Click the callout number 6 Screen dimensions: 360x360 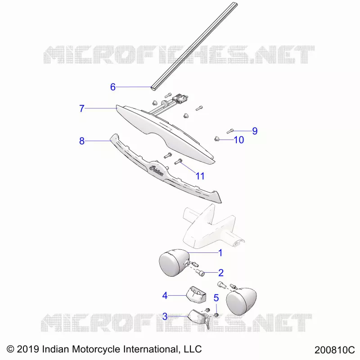tap(113, 87)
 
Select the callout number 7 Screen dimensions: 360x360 tap(82, 108)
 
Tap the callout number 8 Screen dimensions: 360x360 tap(82, 141)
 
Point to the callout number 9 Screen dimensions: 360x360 tap(255, 131)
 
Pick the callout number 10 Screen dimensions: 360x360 tap(239, 140)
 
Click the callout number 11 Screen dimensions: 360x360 tap(200, 176)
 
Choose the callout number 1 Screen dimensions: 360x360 tap(220, 253)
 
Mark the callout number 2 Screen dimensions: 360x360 tap(221, 273)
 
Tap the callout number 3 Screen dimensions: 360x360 tap(165, 317)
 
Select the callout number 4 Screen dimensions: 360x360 tap(165, 296)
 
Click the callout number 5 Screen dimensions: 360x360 tap(216, 298)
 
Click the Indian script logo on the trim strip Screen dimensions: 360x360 tap(156, 171)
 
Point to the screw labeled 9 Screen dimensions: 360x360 tap(230, 131)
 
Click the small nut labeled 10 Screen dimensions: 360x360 tap(216, 139)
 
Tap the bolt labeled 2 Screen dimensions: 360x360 tap(200, 273)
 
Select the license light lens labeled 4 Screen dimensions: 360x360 tap(196, 294)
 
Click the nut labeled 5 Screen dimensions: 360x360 tap(216, 315)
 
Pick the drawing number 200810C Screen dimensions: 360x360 tap(334, 350)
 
